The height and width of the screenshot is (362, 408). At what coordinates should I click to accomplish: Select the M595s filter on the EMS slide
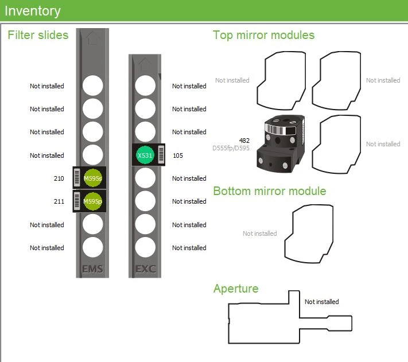click(x=92, y=178)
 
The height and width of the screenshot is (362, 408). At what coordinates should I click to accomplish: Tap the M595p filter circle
click(x=92, y=201)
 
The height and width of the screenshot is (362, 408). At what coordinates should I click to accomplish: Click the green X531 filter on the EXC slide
click(x=144, y=155)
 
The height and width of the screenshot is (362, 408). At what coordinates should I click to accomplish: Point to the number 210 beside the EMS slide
click(x=59, y=178)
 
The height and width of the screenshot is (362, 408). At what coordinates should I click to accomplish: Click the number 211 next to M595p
click(x=59, y=201)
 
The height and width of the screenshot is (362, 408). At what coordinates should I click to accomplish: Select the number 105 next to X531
click(x=177, y=155)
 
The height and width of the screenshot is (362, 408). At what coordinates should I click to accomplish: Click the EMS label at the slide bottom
click(x=92, y=268)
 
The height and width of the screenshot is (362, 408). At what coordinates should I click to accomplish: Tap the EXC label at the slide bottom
click(x=145, y=268)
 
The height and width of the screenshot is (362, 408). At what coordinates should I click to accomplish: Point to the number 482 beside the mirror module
click(x=244, y=140)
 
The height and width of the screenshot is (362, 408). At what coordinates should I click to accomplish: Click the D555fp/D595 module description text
click(x=231, y=147)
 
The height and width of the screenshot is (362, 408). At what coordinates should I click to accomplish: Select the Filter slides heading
click(x=38, y=35)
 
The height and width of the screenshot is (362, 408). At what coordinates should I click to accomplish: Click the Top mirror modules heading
click(x=263, y=35)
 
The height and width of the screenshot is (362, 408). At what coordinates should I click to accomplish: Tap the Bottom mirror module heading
click(x=269, y=191)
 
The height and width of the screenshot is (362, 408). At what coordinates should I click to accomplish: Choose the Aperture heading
click(x=236, y=288)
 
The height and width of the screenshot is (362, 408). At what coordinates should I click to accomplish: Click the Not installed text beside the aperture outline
click(x=321, y=302)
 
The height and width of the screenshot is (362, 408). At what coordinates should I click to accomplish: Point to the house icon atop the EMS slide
click(x=92, y=38)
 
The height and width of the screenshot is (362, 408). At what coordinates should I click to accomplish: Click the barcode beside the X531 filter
click(x=161, y=155)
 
